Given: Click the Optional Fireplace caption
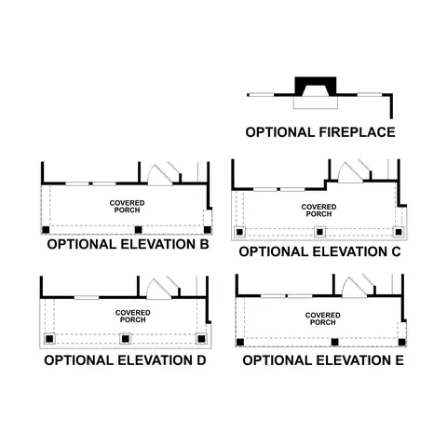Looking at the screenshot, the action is point(320,132).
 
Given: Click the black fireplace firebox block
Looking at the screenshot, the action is point(316,86).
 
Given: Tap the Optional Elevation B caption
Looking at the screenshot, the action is point(128,244).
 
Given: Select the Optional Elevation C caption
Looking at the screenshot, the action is point(319,251).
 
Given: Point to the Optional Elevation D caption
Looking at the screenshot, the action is point(125,360).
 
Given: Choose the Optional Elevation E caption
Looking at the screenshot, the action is point(323,360).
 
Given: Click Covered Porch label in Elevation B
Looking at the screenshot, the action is point(127,207).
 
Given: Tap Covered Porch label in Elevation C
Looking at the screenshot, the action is point(318,210).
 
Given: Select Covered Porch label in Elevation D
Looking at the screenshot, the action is point(133,317).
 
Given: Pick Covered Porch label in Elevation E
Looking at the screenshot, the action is point(323,318).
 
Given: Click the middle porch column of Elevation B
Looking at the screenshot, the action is point(138,230).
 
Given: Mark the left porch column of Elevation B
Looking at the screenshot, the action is point(46,230).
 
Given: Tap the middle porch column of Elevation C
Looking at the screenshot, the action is point(319,232).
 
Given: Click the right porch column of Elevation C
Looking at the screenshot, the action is point(399,232).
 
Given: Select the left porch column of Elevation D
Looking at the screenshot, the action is point(49,339).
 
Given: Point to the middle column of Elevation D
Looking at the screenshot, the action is point(125,339).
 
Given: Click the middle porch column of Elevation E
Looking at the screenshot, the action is point(334,342).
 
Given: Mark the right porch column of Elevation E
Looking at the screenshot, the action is point(402,342).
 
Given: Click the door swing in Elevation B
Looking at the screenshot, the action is point(159,175).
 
